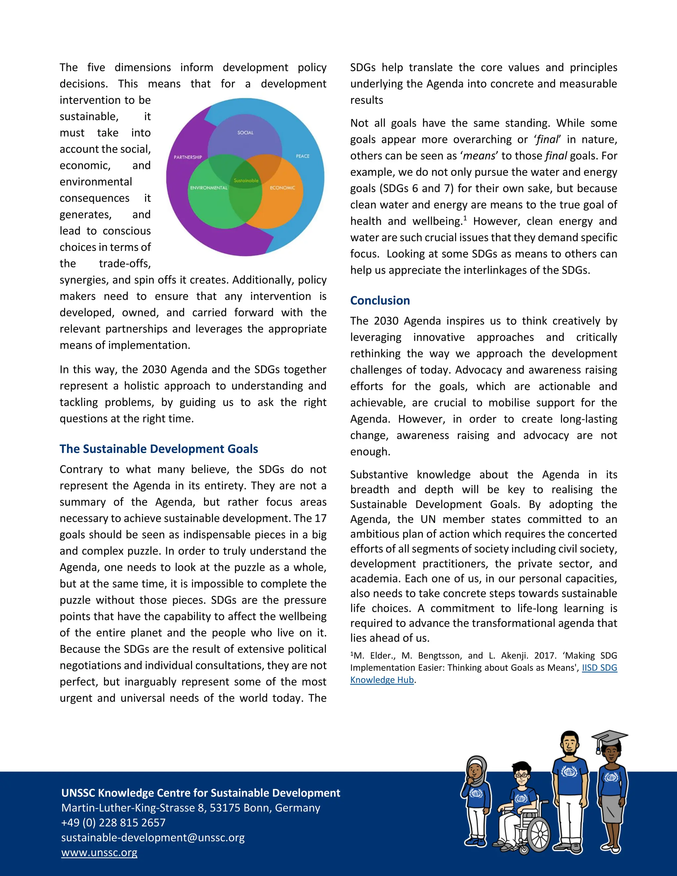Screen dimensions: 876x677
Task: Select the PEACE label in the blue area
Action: tap(302, 156)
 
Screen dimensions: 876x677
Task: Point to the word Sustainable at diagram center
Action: tap(246, 180)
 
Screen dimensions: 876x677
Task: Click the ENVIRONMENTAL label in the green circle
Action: tap(209, 188)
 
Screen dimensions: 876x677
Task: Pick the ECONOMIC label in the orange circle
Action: tap(282, 188)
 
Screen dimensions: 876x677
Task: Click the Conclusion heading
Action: tap(380, 300)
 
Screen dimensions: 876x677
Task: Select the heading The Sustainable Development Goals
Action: tap(159, 449)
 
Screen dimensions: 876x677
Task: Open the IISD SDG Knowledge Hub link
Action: tap(599, 668)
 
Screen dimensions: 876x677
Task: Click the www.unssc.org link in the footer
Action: tap(99, 852)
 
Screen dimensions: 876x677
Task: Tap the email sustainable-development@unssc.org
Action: tap(153, 838)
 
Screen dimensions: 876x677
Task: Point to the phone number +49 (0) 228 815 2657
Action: tap(113, 823)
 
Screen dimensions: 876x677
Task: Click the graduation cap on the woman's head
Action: tap(609, 738)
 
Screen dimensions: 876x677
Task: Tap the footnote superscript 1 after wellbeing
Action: tap(465, 218)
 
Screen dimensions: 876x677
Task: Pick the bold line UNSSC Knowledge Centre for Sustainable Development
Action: tap(201, 793)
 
